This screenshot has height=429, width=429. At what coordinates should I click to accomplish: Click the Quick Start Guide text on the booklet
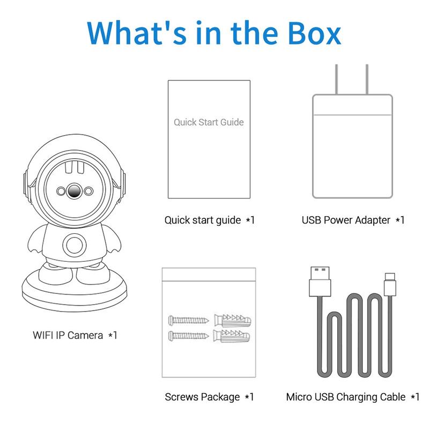pos(209,122)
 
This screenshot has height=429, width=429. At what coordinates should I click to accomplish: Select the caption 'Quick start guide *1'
pos(209,220)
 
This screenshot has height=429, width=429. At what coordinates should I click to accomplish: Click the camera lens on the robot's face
pos(75,191)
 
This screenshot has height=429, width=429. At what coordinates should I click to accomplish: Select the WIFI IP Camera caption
pos(75,336)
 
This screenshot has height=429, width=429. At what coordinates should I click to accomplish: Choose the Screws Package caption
pos(209,397)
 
